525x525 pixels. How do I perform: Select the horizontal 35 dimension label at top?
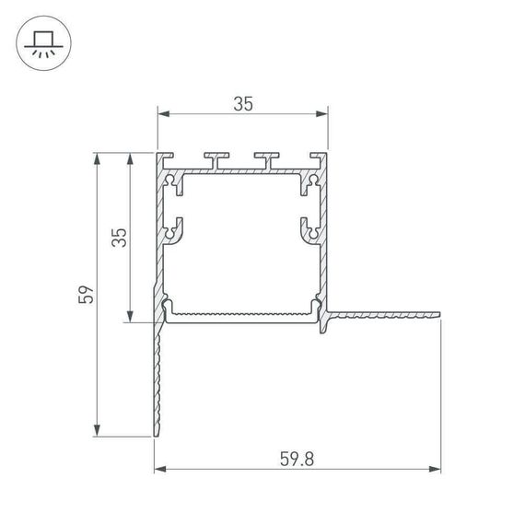pos(242,103)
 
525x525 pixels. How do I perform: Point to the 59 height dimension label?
pos(86,295)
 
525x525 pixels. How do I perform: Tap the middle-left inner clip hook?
pos(173,229)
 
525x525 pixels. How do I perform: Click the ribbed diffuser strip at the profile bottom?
pos(242,314)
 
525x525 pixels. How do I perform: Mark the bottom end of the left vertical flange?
pos(156,433)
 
